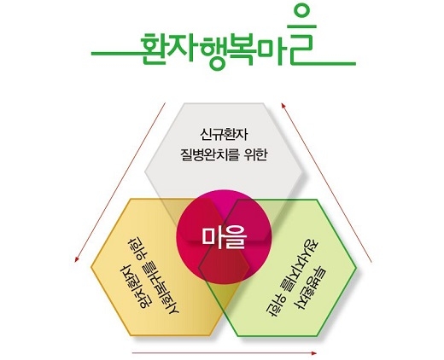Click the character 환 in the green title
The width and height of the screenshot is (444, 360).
pyautogui.click(x=154, y=49)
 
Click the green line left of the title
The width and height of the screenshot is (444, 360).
pyautogui.click(x=116, y=54)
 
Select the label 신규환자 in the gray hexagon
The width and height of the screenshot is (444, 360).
pyautogui.click(x=224, y=134)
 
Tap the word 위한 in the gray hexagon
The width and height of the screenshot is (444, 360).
pyautogui.click(x=256, y=155)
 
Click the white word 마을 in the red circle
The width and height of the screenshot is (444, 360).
pyautogui.click(x=224, y=237)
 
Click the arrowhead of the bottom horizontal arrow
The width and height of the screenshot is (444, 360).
pyautogui.click(x=314, y=353)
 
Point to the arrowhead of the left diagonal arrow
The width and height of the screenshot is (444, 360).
pyautogui.click(x=77, y=259)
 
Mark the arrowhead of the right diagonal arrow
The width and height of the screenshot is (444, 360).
pyautogui.click(x=283, y=106)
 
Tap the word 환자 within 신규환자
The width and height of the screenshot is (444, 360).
pyautogui.click(x=236, y=134)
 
